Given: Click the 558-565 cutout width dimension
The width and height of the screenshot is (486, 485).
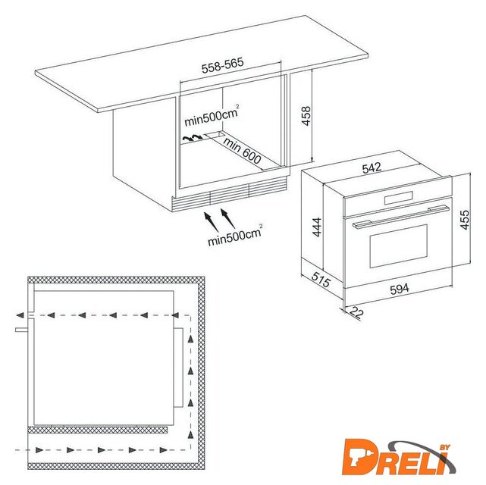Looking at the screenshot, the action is point(223,65).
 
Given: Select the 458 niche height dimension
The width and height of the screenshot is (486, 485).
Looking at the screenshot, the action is point(306,116).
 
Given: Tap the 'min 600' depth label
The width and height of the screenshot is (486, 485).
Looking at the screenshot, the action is point(242,151).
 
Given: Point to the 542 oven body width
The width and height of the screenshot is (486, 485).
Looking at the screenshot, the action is point(372,168).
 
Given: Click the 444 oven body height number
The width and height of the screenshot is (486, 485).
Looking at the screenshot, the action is point(317,227).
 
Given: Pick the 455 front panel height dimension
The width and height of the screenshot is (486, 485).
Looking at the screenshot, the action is point(465,220).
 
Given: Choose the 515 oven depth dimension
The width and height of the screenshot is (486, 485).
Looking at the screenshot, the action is point(321,280).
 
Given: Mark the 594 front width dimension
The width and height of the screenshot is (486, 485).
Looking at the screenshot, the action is point(400,289).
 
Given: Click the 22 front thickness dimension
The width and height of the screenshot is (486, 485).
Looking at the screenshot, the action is point(356,312).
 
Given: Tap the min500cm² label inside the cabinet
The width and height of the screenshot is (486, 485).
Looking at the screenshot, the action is point(212,116).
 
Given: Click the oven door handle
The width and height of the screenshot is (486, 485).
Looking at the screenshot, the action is point(401,217).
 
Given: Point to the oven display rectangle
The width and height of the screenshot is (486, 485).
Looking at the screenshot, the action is point(398,198).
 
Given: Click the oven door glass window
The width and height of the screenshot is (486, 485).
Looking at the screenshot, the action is point(399,246).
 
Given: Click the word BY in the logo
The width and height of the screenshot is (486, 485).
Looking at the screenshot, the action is point(444,448).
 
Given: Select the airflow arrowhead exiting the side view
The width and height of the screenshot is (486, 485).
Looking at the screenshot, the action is point(20,315).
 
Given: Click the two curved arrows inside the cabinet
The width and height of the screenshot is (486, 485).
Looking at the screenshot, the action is point(192,137).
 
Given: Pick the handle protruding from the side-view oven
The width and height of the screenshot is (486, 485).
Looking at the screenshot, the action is point(22,330).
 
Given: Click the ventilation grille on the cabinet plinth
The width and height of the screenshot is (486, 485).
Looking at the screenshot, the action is point(229,194).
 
